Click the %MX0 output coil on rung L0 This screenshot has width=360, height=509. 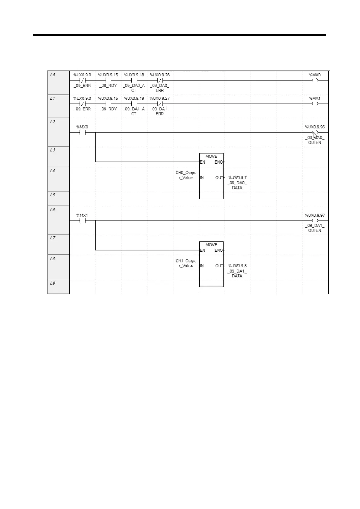point(315,80)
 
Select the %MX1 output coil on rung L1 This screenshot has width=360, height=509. point(315,104)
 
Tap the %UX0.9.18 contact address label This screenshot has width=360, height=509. point(134,75)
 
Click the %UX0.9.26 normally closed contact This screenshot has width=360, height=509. point(160,80)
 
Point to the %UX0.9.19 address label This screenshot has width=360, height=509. point(134,99)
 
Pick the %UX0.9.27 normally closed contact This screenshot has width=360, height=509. point(160,104)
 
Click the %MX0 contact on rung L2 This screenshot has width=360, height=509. point(82,132)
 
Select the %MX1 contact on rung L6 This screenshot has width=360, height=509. point(82,221)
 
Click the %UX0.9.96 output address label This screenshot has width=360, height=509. point(315,127)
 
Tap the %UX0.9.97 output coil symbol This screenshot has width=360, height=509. point(315,221)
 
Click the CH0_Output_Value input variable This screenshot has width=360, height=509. point(186,175)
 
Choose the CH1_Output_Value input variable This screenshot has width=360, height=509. point(186,264)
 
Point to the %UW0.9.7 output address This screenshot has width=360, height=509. point(237,178)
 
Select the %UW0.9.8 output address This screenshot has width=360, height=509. point(237,266)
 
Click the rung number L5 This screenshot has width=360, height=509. point(53,195)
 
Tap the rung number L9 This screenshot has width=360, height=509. point(53,283)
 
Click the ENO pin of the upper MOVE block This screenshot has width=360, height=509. point(219,162)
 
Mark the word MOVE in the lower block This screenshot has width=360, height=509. point(211,245)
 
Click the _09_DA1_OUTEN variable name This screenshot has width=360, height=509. point(315,228)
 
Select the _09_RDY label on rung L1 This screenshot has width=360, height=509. point(108,109)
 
